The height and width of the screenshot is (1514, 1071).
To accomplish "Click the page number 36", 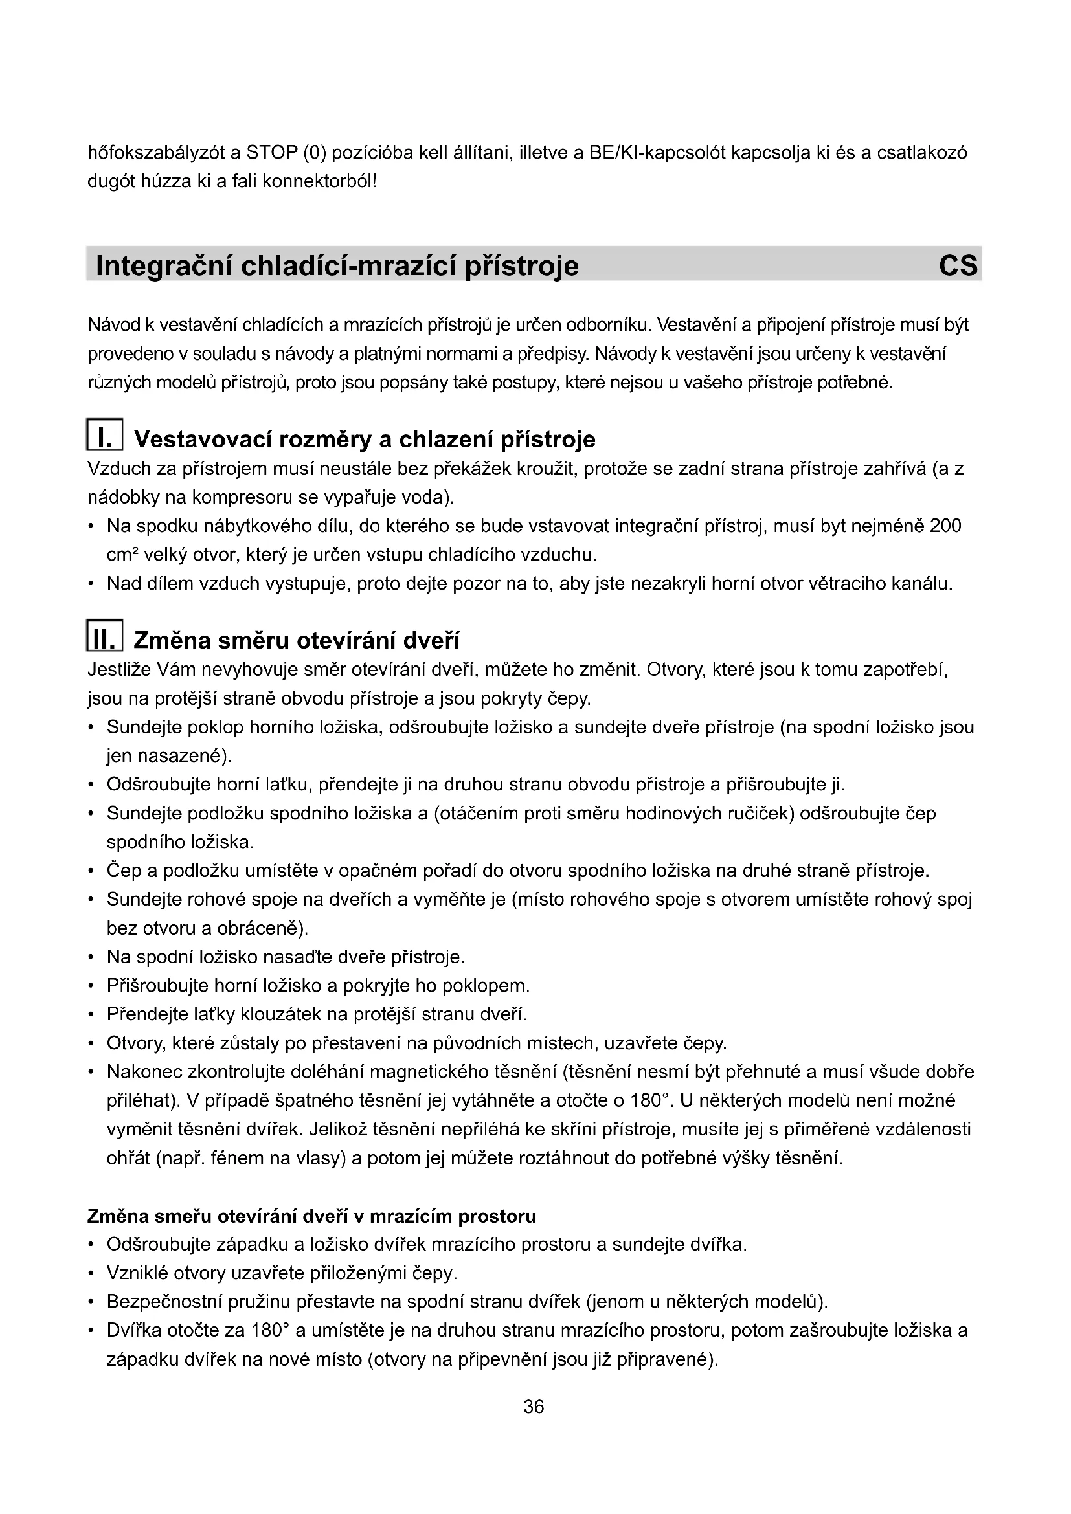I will [534, 1407].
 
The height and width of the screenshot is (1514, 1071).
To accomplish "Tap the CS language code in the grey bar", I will [958, 266].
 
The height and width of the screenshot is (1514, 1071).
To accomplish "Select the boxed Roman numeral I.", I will [104, 436].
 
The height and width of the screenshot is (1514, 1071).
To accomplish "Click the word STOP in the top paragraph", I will [272, 153].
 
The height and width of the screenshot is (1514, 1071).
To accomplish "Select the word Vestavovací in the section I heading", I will [204, 439].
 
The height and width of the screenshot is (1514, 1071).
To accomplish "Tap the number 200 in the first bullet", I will [945, 526].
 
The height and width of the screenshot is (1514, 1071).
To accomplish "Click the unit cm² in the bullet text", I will [120, 555].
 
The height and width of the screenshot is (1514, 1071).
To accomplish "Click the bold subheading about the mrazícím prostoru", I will [311, 1216].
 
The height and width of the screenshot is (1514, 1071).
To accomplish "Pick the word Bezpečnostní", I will [163, 1302].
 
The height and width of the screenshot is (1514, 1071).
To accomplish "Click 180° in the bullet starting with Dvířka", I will [271, 1331].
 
